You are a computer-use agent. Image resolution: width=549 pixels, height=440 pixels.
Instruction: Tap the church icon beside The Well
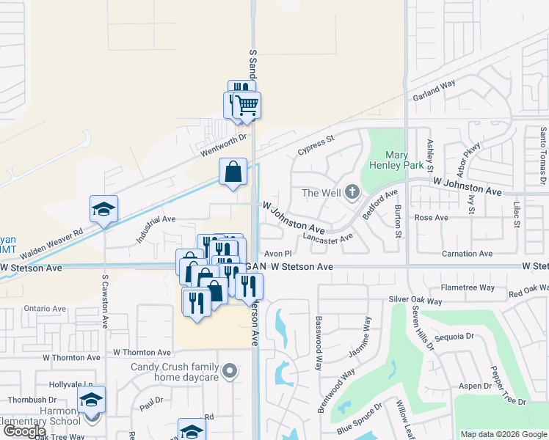coord(352,193)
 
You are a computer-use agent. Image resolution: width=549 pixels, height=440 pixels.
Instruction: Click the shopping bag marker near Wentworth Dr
coord(233,172)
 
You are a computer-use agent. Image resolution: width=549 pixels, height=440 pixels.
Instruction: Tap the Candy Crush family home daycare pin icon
coord(230,372)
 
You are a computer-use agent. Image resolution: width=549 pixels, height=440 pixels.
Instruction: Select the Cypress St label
coord(316,144)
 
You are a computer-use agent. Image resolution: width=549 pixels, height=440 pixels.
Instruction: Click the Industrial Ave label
coord(155,228)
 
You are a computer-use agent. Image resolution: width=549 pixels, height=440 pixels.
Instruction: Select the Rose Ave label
coord(431,218)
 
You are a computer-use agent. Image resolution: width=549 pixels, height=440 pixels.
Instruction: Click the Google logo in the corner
coord(23,432)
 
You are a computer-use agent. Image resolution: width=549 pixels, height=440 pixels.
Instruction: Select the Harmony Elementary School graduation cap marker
coord(92,400)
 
